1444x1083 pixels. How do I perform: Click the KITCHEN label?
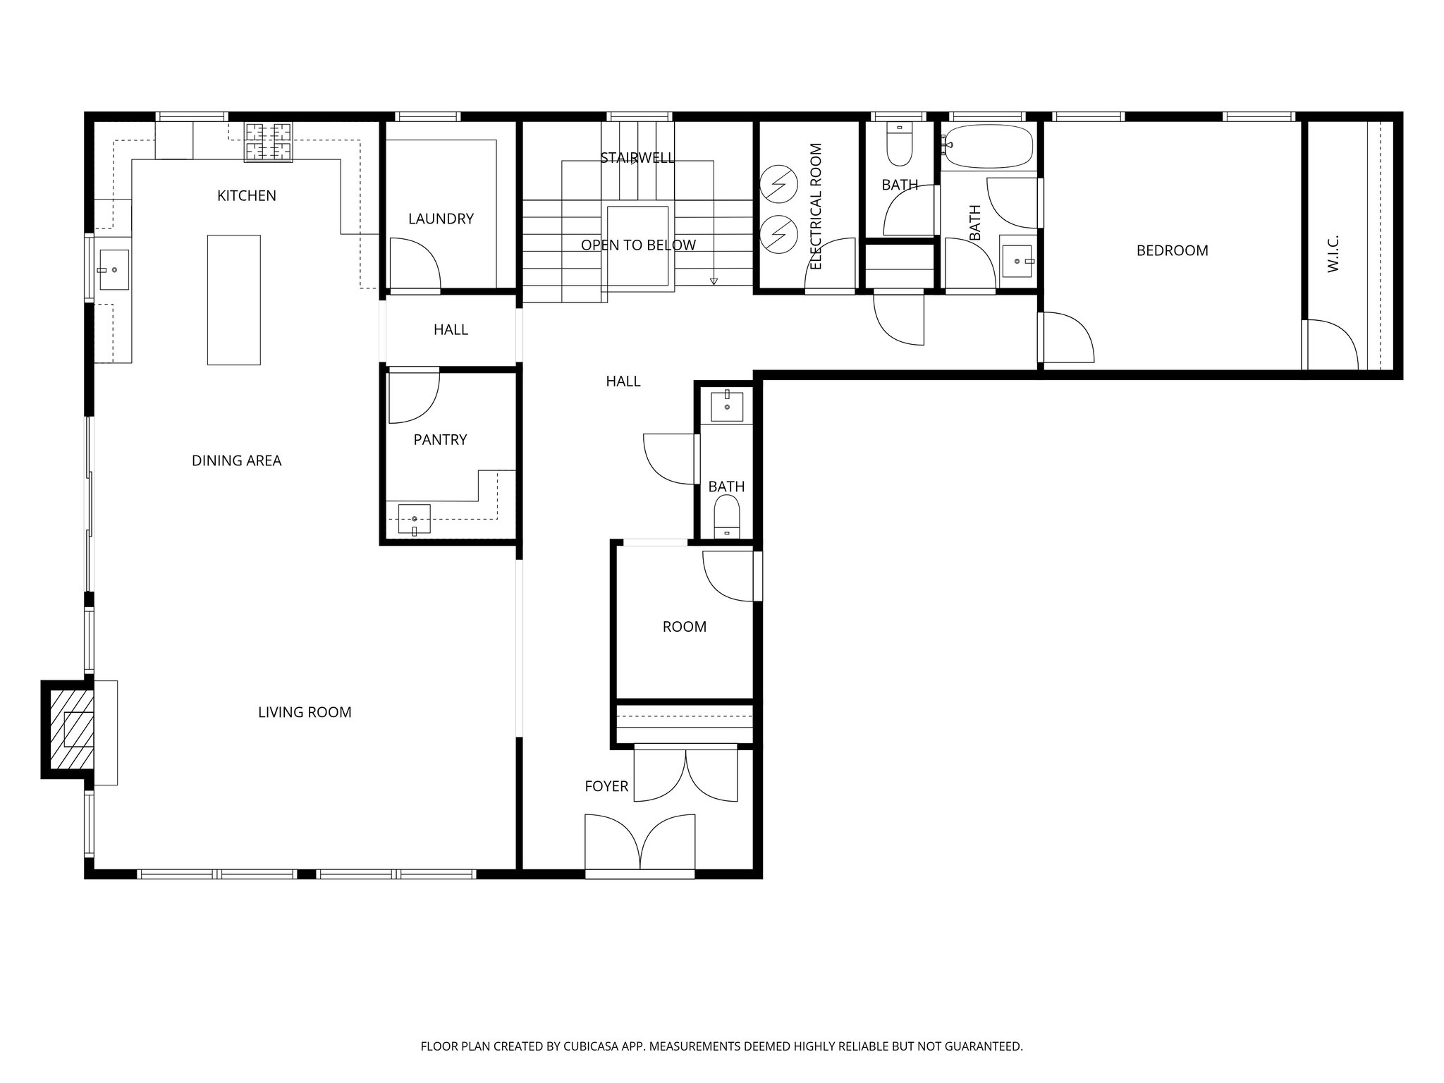(246, 196)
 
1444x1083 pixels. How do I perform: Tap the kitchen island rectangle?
(233, 300)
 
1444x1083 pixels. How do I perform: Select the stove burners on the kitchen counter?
(268, 142)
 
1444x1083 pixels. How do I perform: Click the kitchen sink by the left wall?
(114, 269)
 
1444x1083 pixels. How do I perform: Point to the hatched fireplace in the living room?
(73, 729)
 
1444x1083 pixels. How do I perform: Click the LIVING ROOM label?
(305, 712)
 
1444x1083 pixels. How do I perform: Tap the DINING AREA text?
(236, 461)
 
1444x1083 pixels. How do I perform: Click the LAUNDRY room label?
(441, 219)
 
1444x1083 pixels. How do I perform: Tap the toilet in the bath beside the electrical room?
(899, 147)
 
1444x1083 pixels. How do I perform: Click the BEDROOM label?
(1172, 250)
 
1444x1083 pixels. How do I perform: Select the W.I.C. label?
(1333, 254)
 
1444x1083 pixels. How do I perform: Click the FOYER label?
(606, 786)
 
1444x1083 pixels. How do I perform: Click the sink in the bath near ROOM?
(727, 406)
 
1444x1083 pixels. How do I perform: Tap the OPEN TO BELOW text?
(638, 245)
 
